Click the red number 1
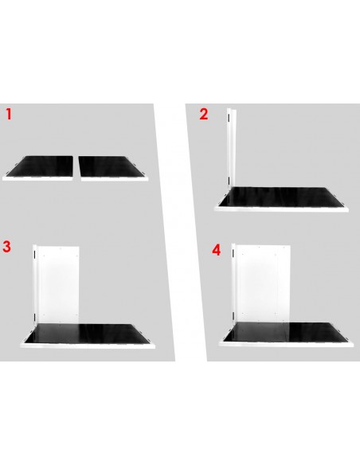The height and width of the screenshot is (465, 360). click(9, 114)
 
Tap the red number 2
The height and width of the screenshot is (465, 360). click(204, 114)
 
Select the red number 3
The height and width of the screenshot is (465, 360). click(6, 247)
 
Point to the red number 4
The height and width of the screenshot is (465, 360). click(217, 250)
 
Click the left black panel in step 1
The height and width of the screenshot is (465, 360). click(40, 166)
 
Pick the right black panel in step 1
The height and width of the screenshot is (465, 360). click(112, 166)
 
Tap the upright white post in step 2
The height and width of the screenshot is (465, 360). click(231, 147)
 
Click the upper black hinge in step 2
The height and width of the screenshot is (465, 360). click(229, 118)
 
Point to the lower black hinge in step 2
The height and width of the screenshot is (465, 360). click(229, 181)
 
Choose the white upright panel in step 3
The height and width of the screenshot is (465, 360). click(59, 285)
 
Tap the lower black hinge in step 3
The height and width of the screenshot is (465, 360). click(35, 318)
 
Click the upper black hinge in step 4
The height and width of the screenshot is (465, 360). click(233, 253)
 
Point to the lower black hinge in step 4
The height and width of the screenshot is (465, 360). click(233, 316)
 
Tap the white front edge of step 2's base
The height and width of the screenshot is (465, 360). click(281, 209)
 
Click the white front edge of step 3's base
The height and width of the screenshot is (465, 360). click(88, 346)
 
